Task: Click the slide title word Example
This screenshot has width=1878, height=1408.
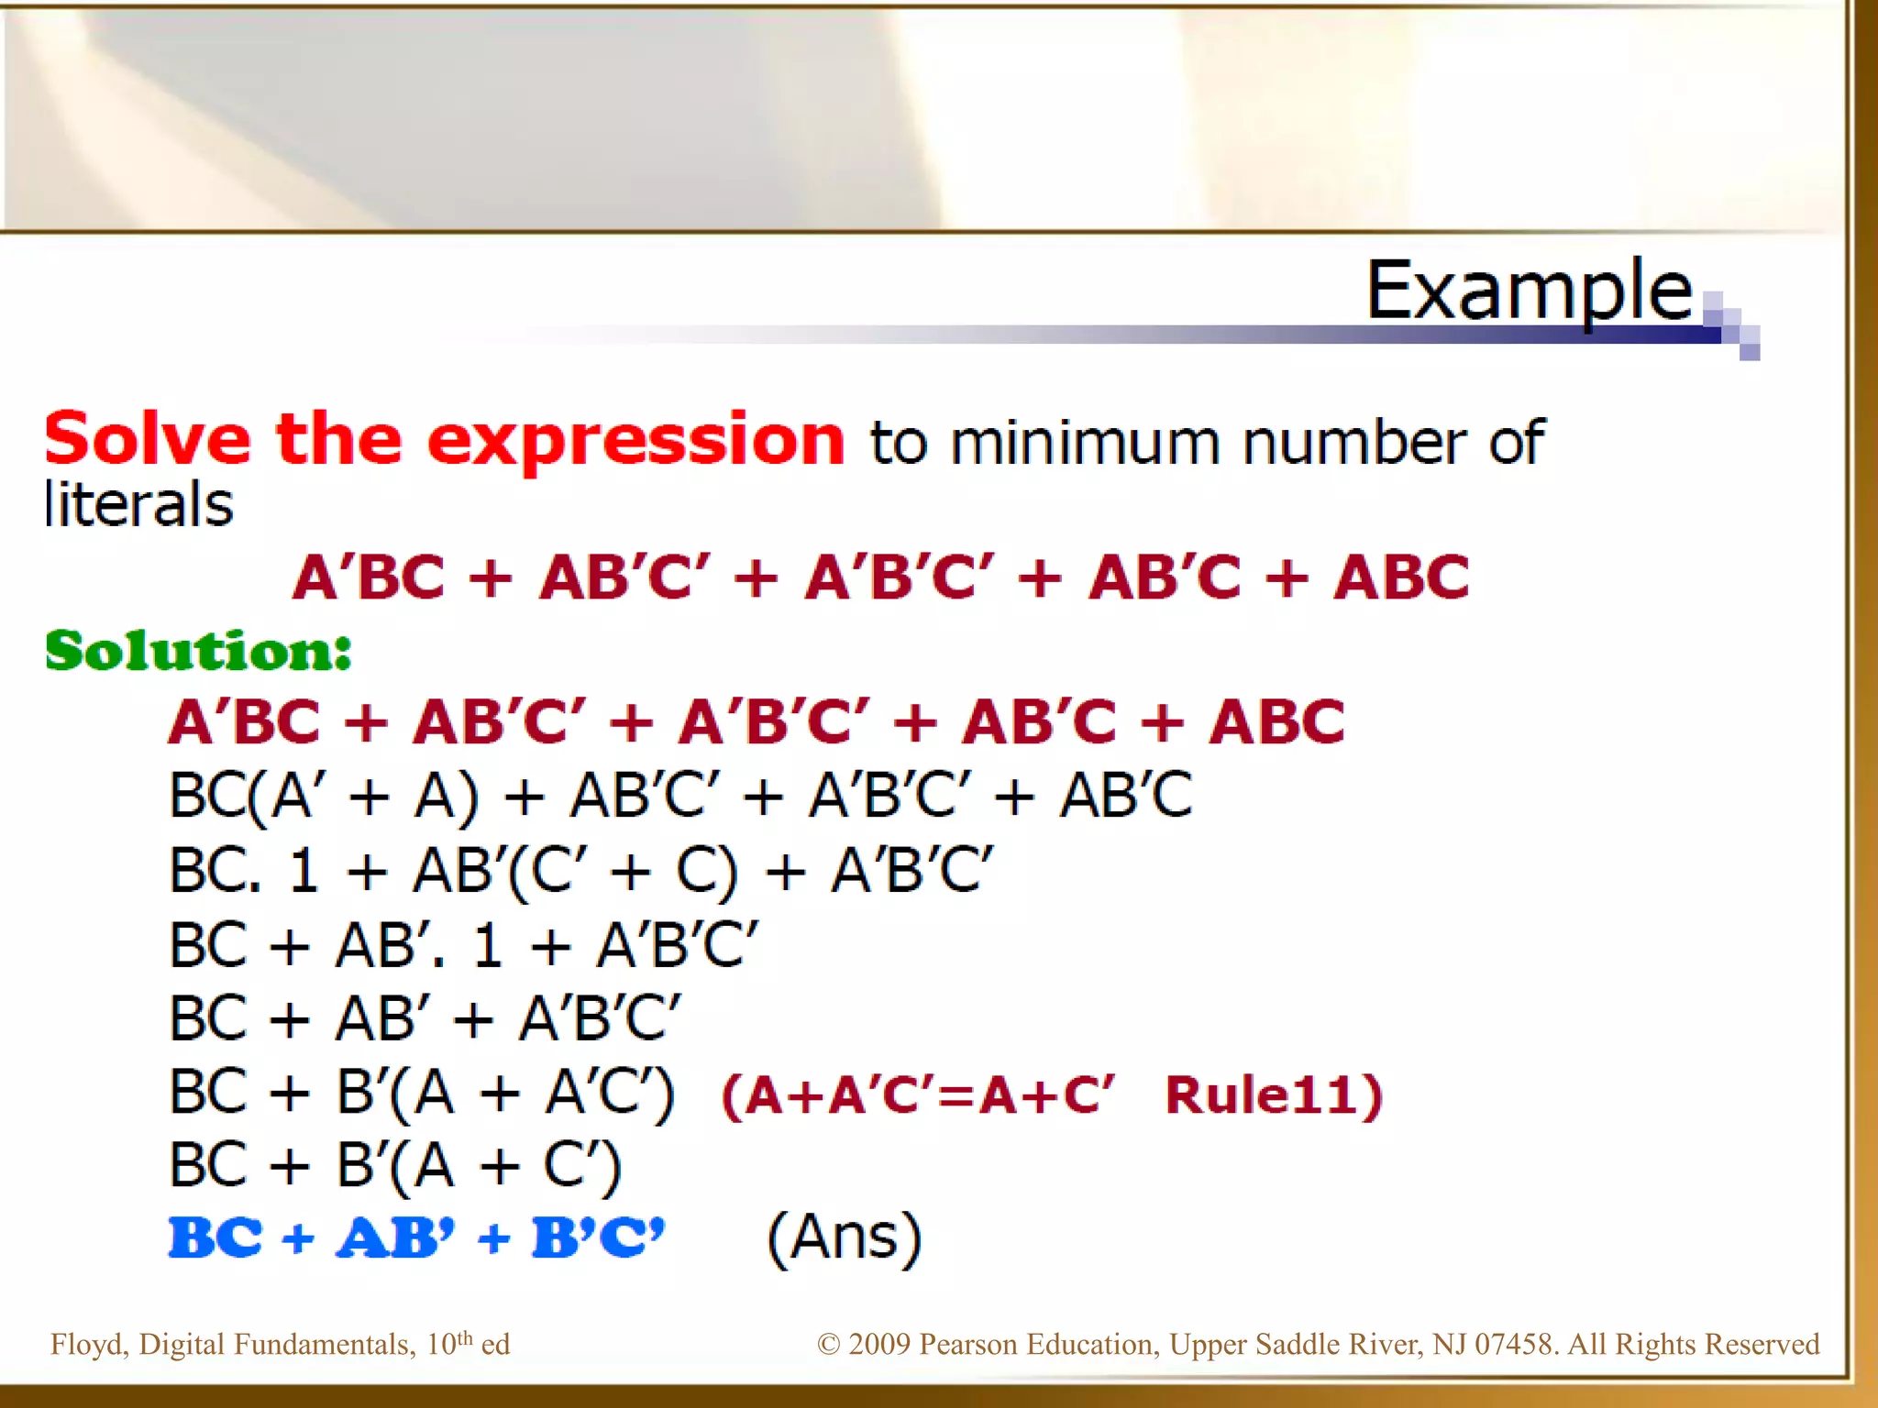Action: coord(1529,291)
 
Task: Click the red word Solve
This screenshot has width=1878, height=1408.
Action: coord(147,439)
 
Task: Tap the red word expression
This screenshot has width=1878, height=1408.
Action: coord(635,441)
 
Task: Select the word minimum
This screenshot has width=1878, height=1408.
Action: coord(1084,443)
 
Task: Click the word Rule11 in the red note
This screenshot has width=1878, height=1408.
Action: coord(1274,1094)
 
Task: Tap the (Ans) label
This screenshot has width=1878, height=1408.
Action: coord(844,1237)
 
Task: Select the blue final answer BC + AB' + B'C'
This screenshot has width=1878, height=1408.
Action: coord(416,1237)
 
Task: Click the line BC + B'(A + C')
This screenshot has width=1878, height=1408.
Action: coord(395,1166)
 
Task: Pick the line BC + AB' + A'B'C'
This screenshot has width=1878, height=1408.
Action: coord(425,1018)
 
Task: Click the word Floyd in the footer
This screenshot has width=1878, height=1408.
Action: coord(86,1345)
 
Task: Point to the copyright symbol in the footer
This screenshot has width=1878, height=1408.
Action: coord(828,1345)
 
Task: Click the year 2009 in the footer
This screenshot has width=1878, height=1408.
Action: coord(879,1345)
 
